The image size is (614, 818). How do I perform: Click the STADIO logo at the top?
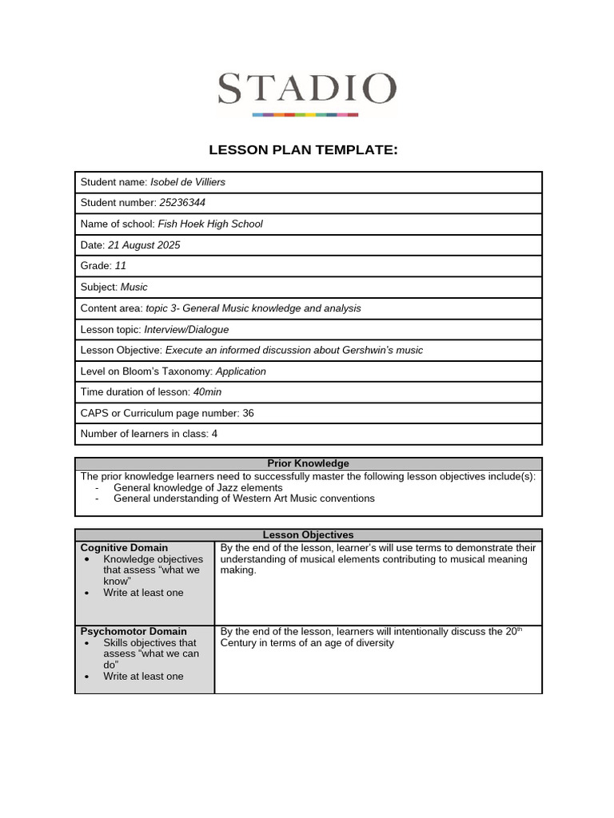tap(306, 92)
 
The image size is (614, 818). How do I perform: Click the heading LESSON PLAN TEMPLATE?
tap(303, 149)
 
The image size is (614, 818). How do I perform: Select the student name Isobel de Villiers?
tap(188, 182)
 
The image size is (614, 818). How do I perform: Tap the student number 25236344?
tap(182, 203)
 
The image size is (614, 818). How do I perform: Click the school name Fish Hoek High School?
tap(210, 224)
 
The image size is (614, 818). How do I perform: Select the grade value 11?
tap(121, 266)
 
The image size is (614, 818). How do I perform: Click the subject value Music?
tap(134, 287)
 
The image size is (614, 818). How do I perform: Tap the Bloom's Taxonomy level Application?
tap(241, 371)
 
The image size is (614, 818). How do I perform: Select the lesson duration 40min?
tap(207, 392)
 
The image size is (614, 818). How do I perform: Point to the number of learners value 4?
tap(214, 434)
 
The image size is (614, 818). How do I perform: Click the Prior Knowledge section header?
tap(308, 463)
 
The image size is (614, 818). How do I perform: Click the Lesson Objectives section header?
tap(308, 534)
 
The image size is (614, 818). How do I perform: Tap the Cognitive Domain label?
tap(124, 547)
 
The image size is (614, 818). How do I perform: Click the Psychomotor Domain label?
tap(134, 631)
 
